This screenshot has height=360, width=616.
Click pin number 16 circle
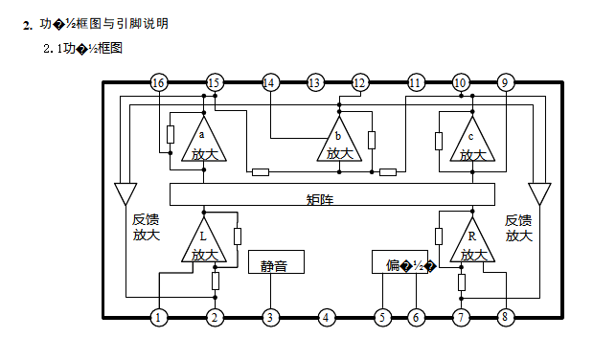pyautogui.click(x=159, y=83)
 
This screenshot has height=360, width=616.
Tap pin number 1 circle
pyautogui.click(x=159, y=317)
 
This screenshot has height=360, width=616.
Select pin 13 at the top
pyautogui.click(x=315, y=83)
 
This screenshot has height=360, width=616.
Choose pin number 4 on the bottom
pyautogui.click(x=327, y=317)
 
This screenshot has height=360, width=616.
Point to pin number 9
pyautogui.click(x=505, y=83)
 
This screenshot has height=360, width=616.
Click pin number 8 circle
pyautogui.click(x=506, y=317)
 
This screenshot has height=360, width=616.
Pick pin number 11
pyautogui.click(x=415, y=83)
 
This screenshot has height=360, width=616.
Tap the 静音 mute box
pyautogui.click(x=274, y=262)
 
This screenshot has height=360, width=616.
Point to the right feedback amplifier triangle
pyautogui.click(x=539, y=192)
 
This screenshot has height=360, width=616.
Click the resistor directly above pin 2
pyautogui.click(x=216, y=281)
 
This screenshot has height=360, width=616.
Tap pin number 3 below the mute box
pyautogui.click(x=271, y=317)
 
